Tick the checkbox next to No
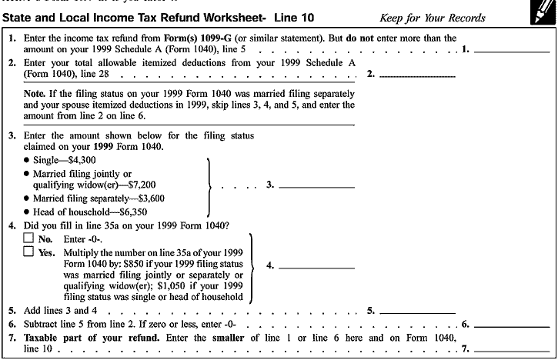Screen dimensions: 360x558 pos(28,239)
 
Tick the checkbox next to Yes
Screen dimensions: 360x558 pos(28,252)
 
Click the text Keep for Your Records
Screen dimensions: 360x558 pos(433,17)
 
